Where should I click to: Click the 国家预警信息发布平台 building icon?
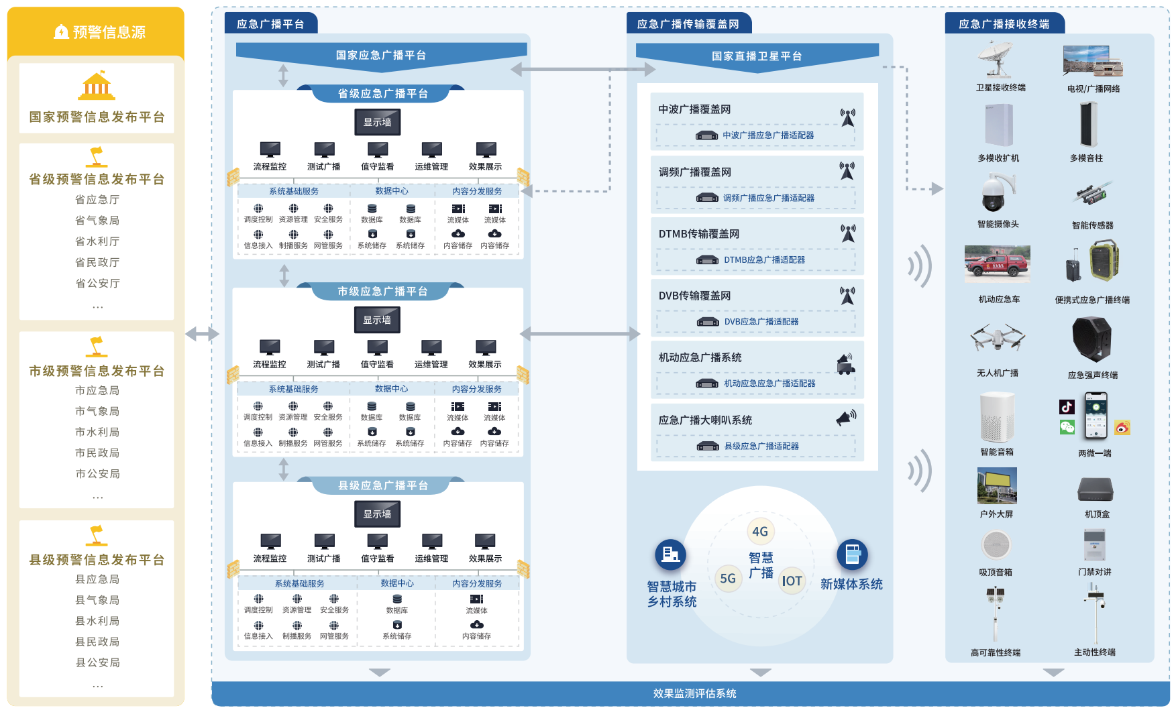click(97, 86)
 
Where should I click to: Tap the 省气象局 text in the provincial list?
click(97, 221)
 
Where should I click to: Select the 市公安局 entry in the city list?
click(97, 474)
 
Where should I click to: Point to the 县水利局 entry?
click(97, 621)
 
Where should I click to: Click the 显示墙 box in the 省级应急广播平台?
click(378, 122)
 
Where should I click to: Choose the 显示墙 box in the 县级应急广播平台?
click(378, 514)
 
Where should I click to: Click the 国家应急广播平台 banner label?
click(381, 56)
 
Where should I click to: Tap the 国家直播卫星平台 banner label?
click(757, 56)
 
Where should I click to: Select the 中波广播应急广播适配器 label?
click(768, 135)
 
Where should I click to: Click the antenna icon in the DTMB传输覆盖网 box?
click(848, 233)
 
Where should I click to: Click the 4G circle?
click(760, 532)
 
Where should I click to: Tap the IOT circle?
click(792, 581)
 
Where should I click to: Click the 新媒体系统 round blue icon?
click(852, 555)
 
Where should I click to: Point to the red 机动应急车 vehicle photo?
click(997, 264)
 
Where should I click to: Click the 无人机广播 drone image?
click(998, 338)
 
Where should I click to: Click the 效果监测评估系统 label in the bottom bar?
click(694, 694)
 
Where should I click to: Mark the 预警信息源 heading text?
click(109, 32)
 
